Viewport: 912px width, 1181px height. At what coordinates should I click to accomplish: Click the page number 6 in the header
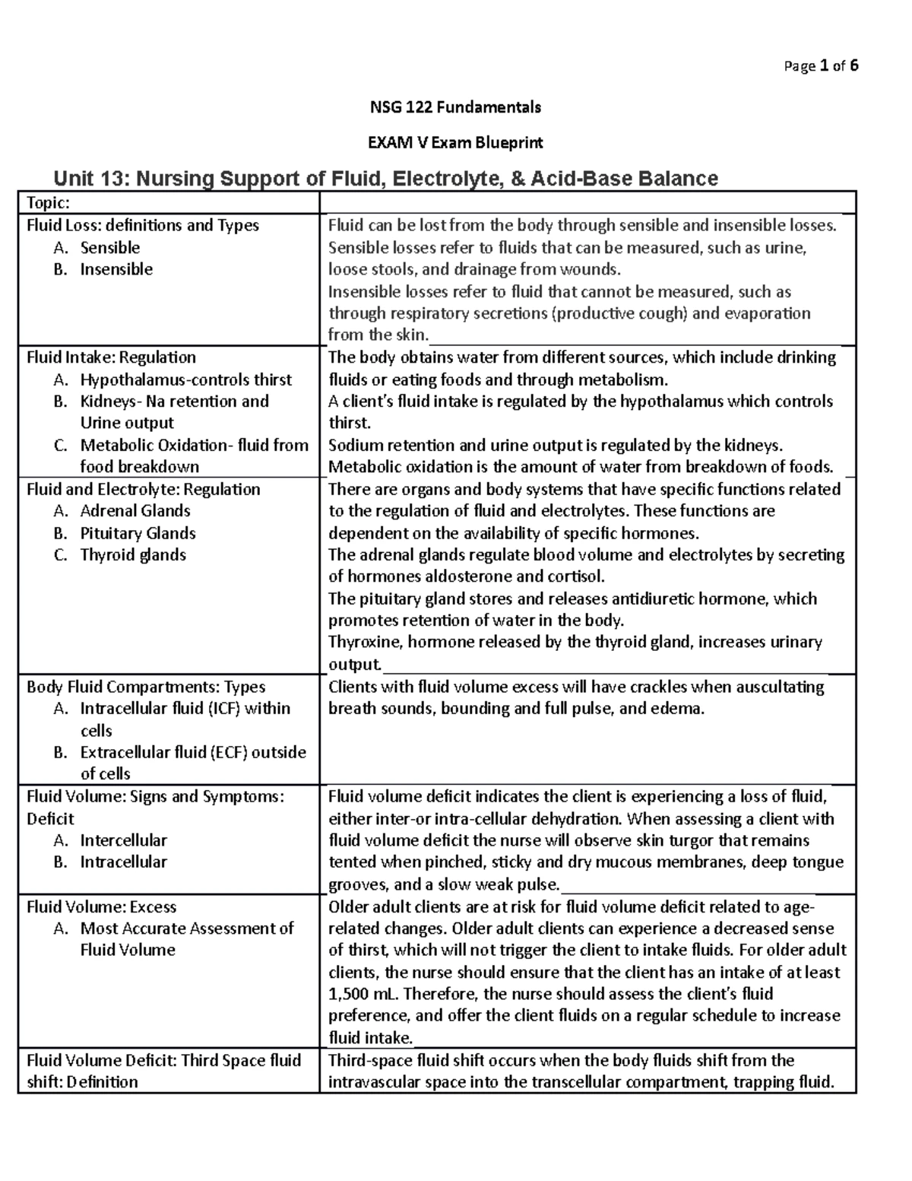point(854,66)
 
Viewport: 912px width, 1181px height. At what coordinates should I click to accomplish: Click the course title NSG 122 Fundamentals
point(455,107)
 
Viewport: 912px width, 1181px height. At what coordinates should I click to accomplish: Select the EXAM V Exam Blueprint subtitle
point(455,143)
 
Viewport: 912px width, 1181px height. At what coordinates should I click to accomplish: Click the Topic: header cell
point(49,202)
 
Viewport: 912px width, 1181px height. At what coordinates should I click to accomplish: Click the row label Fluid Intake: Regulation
point(111,357)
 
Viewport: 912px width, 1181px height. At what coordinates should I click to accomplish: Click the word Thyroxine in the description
point(365,643)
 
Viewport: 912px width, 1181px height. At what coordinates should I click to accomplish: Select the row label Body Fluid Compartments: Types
point(146,687)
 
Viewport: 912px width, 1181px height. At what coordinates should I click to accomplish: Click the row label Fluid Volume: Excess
point(101,906)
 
